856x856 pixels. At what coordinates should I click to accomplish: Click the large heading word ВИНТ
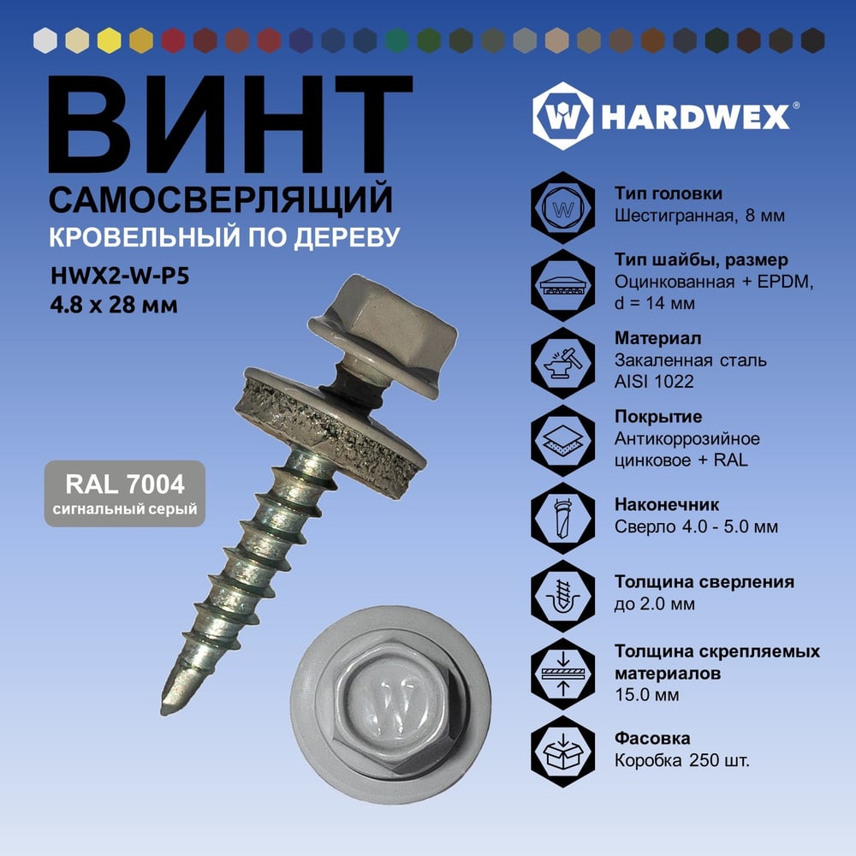(229, 124)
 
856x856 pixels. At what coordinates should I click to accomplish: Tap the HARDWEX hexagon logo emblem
(563, 116)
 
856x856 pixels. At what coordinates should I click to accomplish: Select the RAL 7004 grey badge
(125, 494)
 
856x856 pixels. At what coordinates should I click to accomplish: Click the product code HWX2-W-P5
(120, 276)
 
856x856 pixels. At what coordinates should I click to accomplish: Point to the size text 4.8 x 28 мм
(114, 304)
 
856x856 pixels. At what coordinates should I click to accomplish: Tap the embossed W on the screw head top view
(391, 705)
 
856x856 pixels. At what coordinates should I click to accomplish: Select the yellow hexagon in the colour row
(110, 40)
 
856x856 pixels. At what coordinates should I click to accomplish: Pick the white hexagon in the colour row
(45, 40)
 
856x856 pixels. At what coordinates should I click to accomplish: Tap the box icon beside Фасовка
(563, 752)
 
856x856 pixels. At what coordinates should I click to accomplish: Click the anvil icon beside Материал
(563, 362)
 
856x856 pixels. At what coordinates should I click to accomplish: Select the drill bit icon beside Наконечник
(563, 518)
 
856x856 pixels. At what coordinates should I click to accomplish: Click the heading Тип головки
(669, 193)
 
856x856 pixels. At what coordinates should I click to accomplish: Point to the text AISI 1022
(654, 381)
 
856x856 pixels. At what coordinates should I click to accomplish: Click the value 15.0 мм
(647, 695)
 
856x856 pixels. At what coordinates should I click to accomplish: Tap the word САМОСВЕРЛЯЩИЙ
(221, 199)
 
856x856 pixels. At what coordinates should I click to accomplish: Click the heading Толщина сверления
(704, 582)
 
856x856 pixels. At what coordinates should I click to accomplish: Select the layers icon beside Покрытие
(563, 441)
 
